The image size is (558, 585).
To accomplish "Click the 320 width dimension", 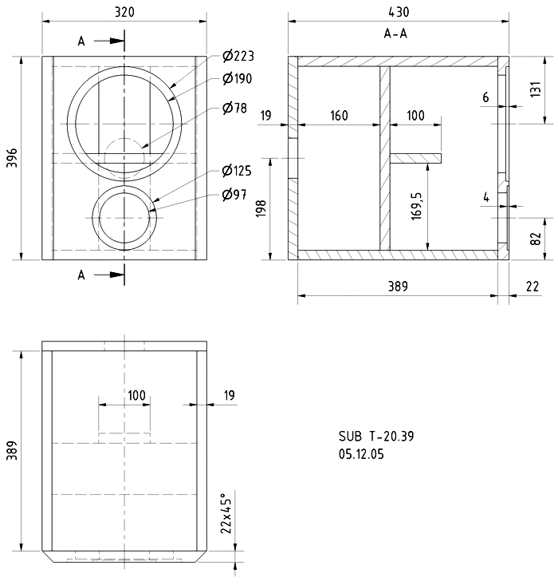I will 124,12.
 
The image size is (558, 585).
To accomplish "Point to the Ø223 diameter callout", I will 238,56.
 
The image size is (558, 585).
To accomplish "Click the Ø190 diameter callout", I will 238,78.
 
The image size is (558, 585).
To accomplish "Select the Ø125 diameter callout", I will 238,171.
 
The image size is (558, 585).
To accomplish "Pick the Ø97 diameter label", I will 234,196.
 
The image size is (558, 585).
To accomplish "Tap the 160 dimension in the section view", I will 338,116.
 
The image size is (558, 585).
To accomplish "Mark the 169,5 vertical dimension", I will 418,206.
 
